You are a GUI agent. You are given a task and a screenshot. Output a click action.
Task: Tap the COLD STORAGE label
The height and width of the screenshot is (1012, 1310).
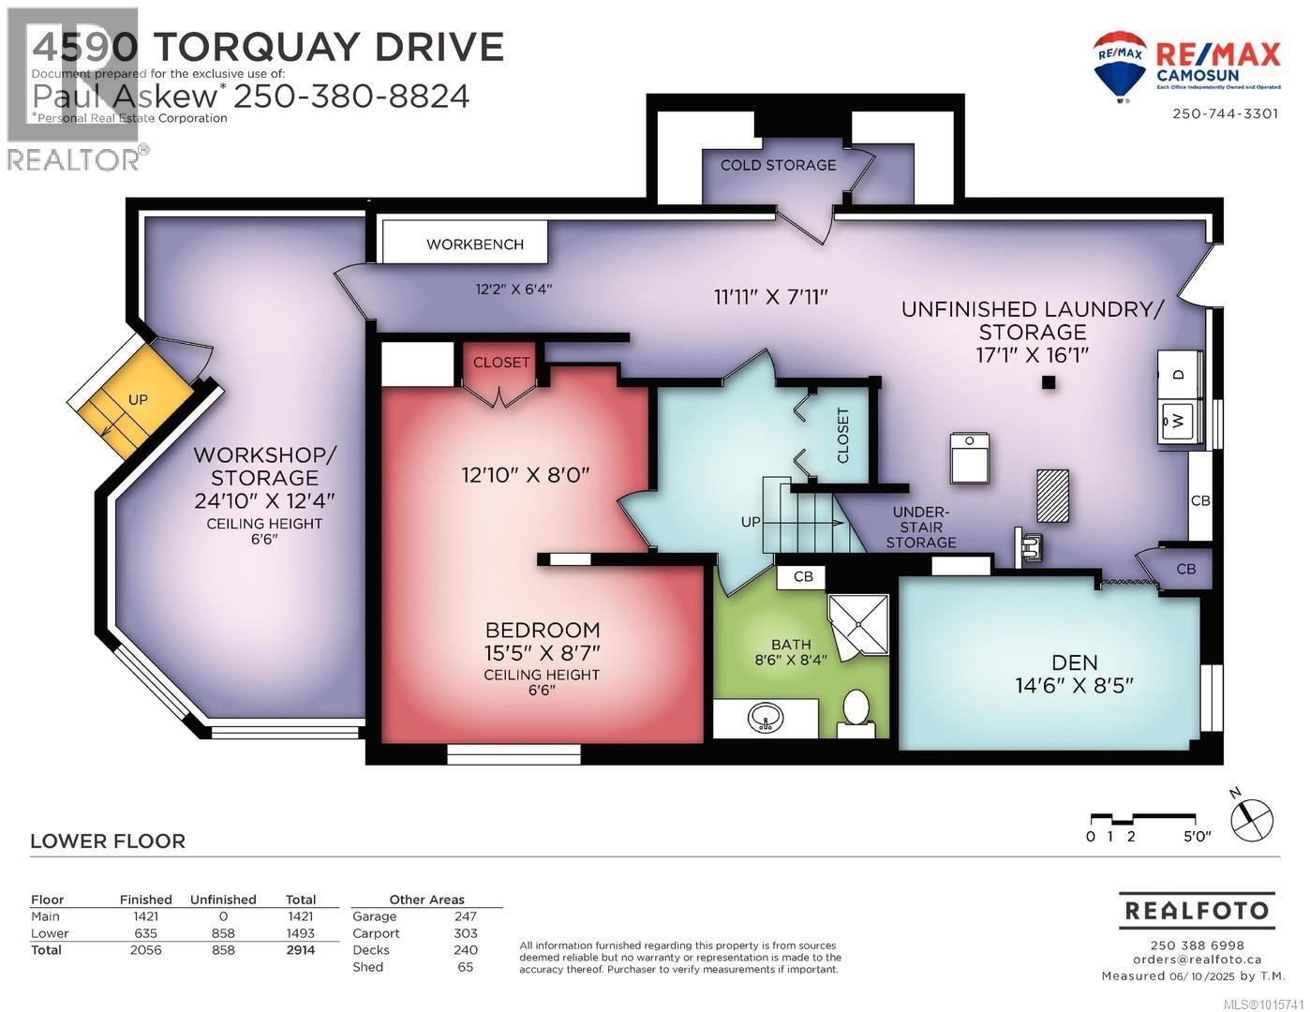(x=778, y=165)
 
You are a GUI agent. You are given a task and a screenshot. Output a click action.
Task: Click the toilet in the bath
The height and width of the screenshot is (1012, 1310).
(x=856, y=710)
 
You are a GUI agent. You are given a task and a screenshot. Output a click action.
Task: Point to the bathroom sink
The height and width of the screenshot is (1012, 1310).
(x=766, y=719)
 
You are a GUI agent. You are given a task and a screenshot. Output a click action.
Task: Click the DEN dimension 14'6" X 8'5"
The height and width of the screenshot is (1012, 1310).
(x=1074, y=685)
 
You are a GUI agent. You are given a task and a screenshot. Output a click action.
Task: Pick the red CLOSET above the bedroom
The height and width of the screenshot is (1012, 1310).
(x=501, y=363)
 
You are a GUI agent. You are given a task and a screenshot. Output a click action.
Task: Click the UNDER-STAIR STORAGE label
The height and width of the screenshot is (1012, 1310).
(x=923, y=527)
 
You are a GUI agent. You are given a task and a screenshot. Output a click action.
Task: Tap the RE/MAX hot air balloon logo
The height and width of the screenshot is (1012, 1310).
(x=1120, y=62)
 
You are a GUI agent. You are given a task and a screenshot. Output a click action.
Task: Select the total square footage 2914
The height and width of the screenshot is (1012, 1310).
(x=300, y=950)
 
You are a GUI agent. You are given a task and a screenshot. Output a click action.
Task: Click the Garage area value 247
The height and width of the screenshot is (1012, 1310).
(x=465, y=916)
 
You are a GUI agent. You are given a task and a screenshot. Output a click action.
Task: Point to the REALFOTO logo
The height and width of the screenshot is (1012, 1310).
(x=1196, y=910)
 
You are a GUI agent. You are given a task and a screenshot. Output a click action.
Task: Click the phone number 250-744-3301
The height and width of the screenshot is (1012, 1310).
(x=1225, y=113)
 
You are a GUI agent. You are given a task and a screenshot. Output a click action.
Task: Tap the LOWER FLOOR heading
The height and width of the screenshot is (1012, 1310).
(x=108, y=841)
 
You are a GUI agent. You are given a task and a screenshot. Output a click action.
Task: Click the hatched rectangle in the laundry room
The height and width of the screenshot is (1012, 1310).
(x=1053, y=495)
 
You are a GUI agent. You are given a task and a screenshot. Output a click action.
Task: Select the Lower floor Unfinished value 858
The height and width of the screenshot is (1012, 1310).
(x=222, y=933)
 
